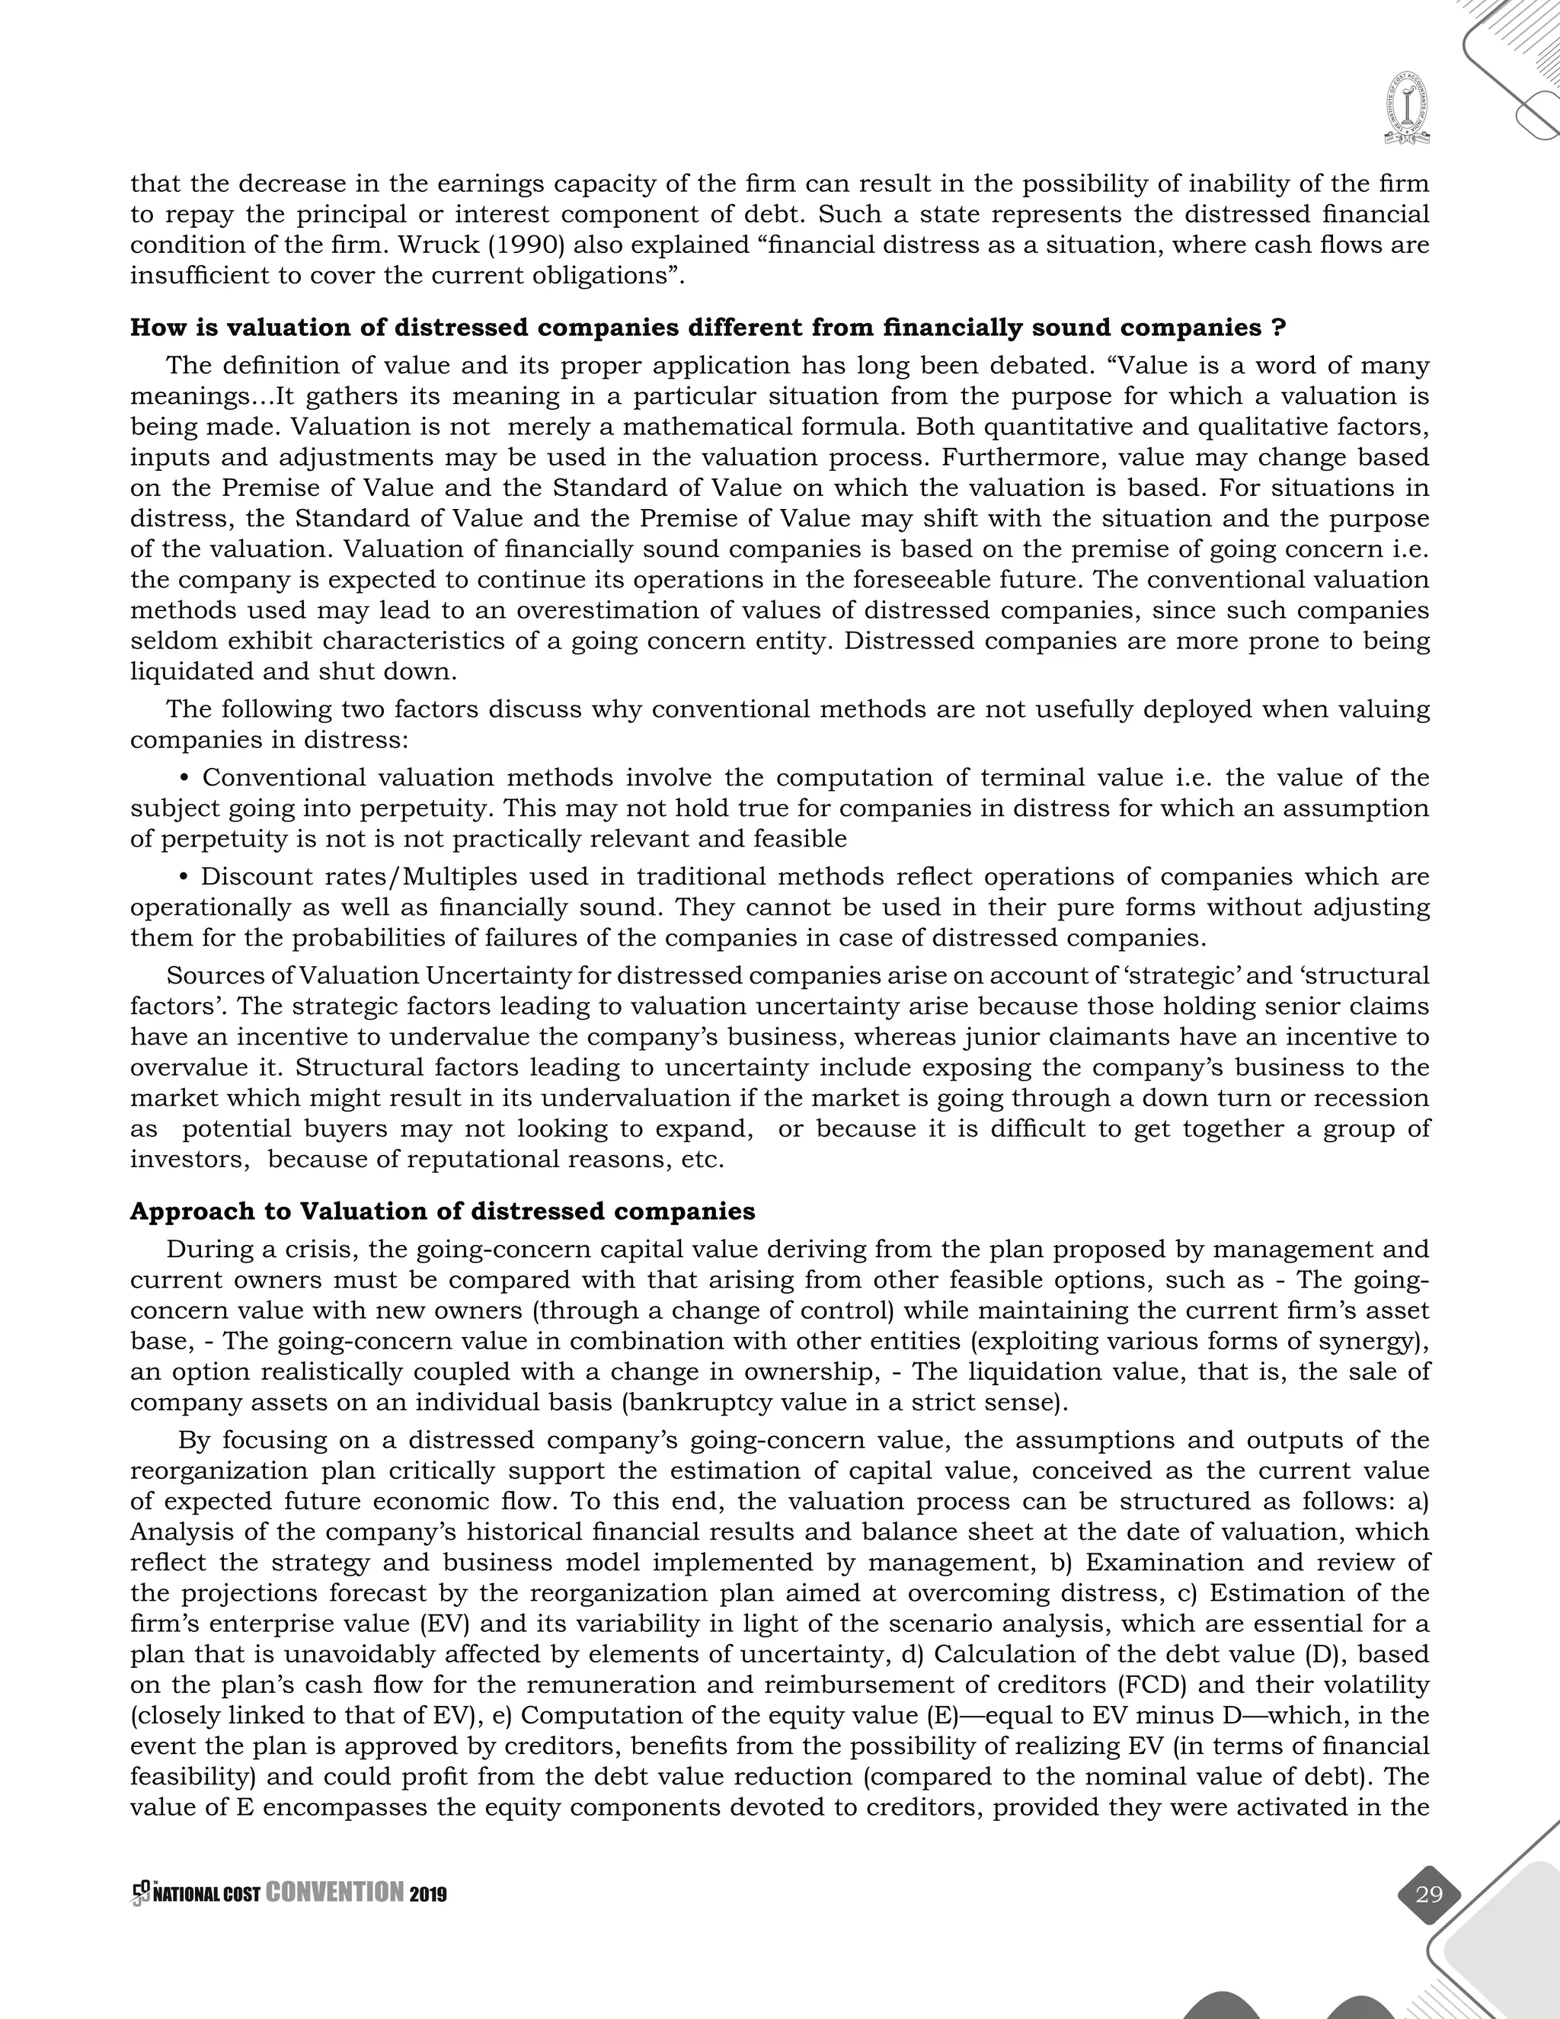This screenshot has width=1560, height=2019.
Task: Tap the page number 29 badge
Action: tap(1428, 1894)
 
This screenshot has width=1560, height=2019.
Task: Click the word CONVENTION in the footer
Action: tap(334, 1893)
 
